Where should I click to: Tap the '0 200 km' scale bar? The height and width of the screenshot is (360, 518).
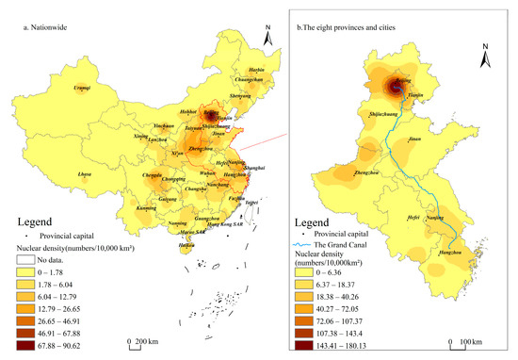142,339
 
